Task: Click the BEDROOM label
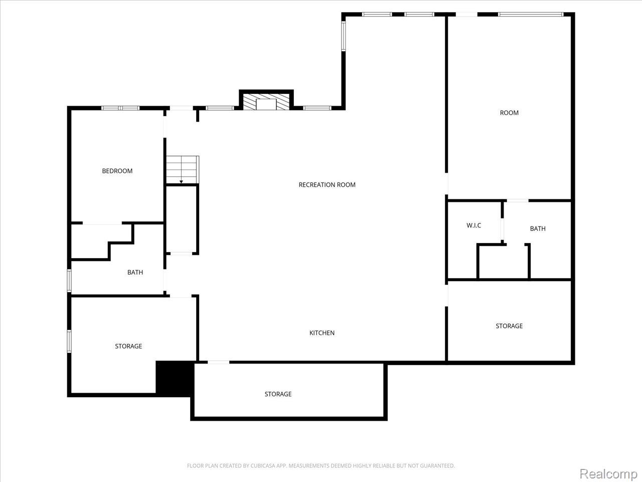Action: point(117,171)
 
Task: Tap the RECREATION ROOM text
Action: point(327,185)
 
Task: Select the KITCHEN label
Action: point(322,333)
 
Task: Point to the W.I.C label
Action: point(473,225)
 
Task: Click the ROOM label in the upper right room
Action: point(509,112)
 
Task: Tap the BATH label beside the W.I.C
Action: point(538,228)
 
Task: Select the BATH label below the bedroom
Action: point(135,272)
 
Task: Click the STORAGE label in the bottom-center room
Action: point(278,394)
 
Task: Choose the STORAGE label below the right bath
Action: point(509,326)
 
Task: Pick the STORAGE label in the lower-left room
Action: point(128,346)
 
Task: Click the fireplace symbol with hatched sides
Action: point(266,102)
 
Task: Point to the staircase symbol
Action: point(183,170)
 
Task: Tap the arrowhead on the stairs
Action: point(181,182)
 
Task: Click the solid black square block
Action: point(175,379)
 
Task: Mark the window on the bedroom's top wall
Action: point(120,108)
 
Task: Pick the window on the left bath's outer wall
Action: point(69,281)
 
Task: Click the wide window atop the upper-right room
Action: point(531,15)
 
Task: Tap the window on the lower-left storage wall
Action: point(69,341)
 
